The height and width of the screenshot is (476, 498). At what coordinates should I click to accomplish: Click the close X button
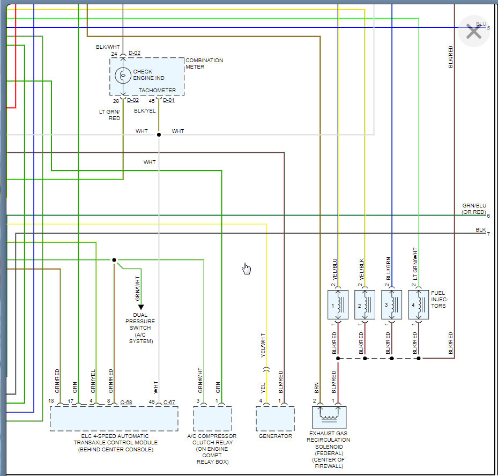(x=473, y=32)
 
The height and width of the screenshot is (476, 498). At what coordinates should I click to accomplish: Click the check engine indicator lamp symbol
(x=123, y=76)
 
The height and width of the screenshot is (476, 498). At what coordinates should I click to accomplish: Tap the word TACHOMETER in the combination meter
(x=157, y=91)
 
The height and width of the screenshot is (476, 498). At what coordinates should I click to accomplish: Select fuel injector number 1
(x=338, y=304)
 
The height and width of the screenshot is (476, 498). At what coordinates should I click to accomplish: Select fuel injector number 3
(x=392, y=304)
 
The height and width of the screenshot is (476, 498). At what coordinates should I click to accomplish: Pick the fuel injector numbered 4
(x=419, y=304)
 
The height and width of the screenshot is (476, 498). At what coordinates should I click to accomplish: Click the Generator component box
(x=276, y=419)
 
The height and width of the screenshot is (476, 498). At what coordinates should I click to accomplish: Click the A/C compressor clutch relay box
(x=212, y=419)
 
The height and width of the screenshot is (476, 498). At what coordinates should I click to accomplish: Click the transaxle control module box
(x=114, y=419)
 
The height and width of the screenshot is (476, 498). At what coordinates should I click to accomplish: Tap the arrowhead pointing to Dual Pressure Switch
(x=141, y=307)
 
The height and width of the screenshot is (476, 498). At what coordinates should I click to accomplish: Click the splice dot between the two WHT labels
(x=159, y=135)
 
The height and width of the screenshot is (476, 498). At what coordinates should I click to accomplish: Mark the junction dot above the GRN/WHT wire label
(x=114, y=260)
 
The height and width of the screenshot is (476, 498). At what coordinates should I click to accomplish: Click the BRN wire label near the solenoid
(x=316, y=388)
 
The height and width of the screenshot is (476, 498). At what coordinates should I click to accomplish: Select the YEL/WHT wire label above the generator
(x=263, y=345)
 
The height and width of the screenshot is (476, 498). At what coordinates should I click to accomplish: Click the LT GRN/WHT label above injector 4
(x=415, y=264)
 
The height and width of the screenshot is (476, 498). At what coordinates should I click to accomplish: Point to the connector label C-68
(x=126, y=403)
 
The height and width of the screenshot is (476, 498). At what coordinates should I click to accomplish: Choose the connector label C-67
(x=169, y=403)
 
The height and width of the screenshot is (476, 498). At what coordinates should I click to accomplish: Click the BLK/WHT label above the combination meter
(x=108, y=47)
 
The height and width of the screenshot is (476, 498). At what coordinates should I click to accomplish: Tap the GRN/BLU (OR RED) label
(x=474, y=209)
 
